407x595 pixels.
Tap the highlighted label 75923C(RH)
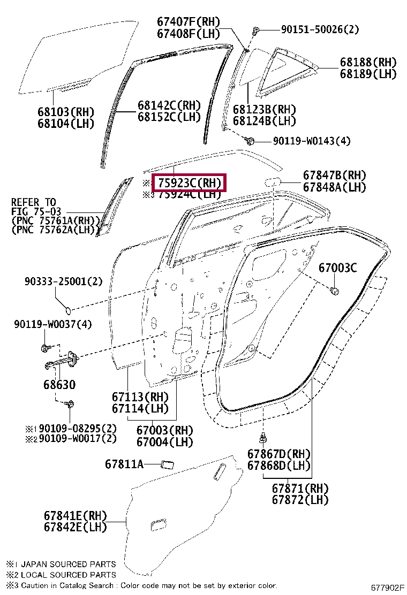[190, 183]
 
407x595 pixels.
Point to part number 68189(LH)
[368, 74]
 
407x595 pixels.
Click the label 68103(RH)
[65, 112]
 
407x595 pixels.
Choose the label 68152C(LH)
[169, 117]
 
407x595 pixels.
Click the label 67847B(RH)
[334, 176]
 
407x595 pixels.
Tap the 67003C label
[337, 268]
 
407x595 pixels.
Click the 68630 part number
[56, 385]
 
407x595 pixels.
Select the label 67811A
[124, 464]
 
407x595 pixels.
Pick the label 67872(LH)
[300, 500]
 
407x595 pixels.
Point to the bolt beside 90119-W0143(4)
[250, 141]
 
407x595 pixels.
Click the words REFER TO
[34, 202]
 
